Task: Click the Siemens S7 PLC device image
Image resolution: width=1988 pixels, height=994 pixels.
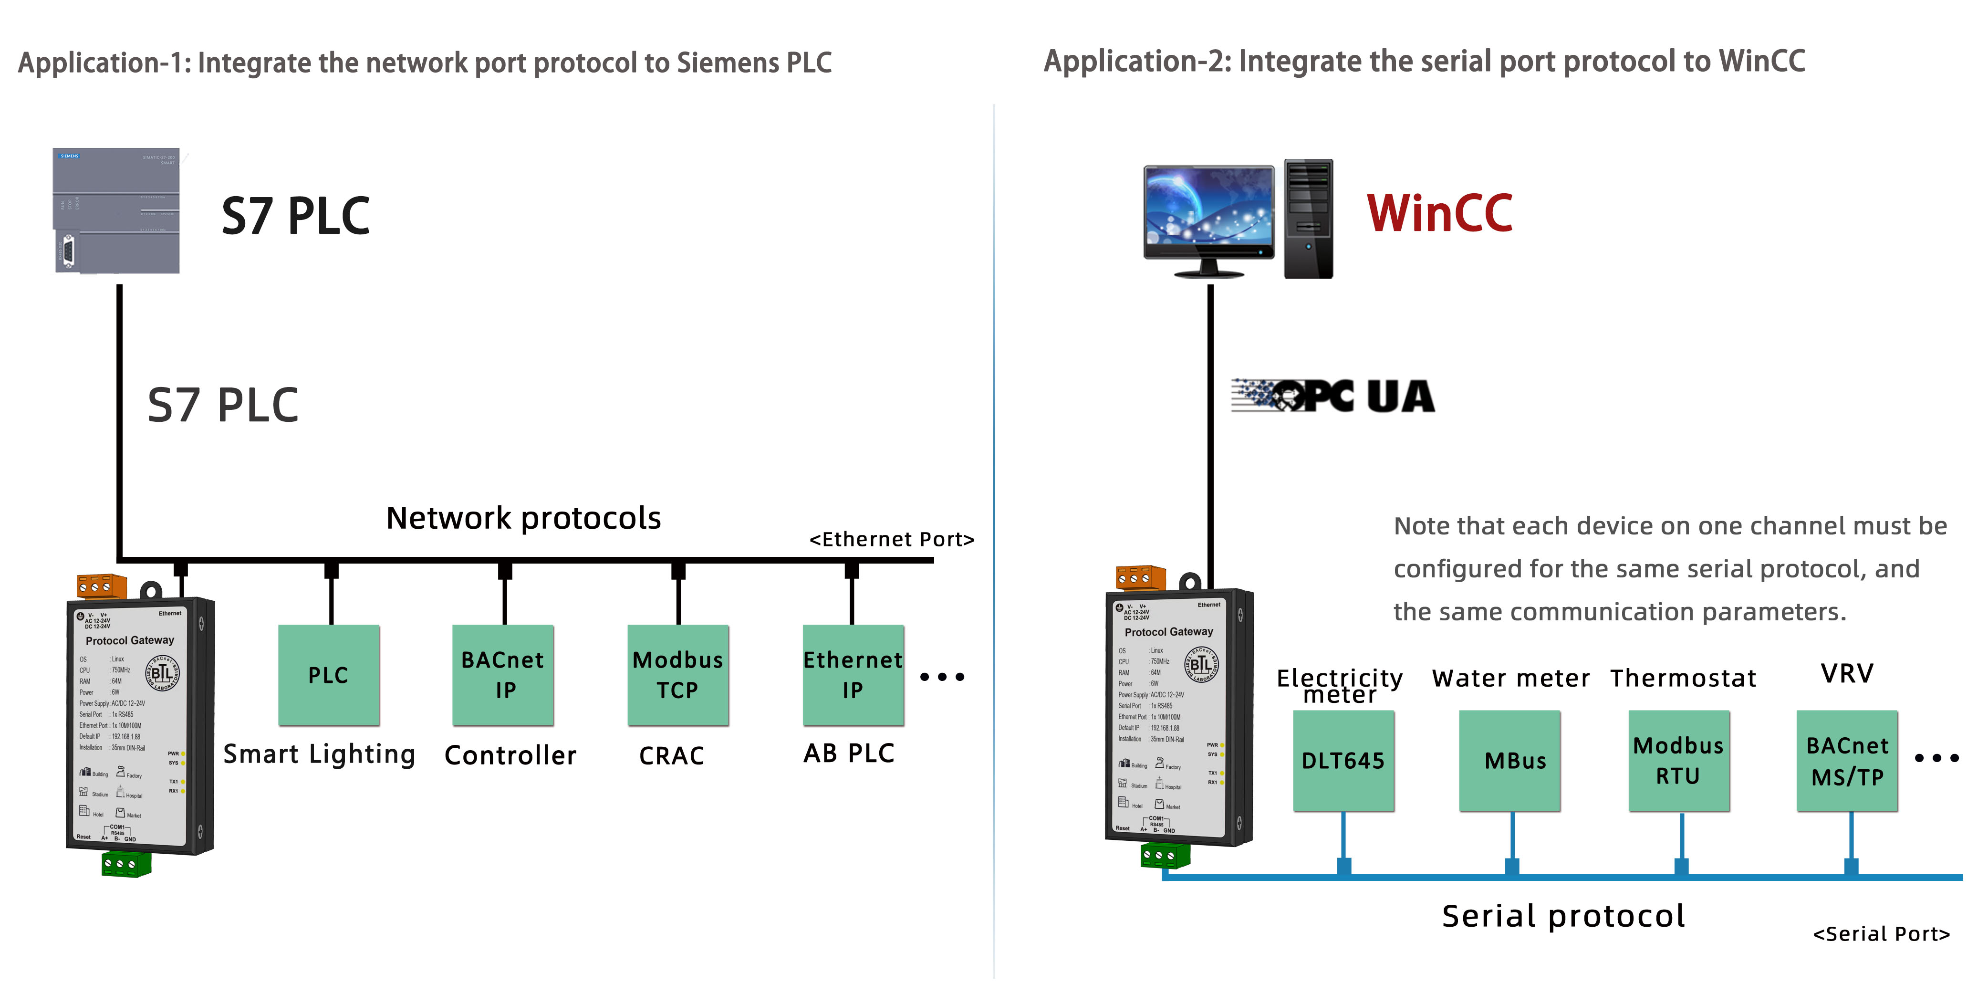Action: [116, 211]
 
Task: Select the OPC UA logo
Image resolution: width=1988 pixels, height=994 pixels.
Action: [1333, 397]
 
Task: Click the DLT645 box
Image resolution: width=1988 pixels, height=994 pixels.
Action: [1343, 761]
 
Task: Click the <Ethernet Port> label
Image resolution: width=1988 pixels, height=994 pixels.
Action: [891, 539]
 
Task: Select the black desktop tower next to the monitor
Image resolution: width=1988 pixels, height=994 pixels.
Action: [1308, 219]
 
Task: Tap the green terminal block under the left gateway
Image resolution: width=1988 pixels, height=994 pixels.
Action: [126, 864]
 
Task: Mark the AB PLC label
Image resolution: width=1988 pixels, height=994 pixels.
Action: [849, 753]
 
